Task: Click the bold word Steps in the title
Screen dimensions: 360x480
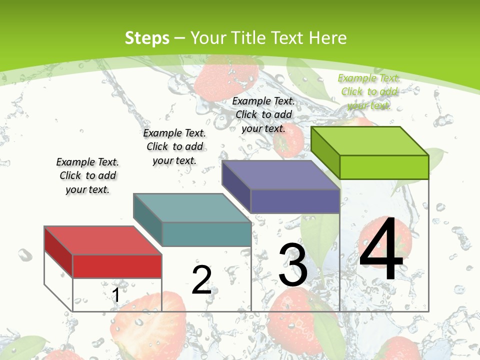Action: (x=147, y=38)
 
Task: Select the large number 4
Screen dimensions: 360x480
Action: (x=381, y=250)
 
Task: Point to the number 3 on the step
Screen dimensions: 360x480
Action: (x=293, y=265)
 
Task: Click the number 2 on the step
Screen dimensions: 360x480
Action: (x=201, y=280)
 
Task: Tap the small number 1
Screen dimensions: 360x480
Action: (x=115, y=295)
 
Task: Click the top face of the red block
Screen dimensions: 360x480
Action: (x=102, y=240)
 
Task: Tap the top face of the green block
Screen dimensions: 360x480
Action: (x=369, y=141)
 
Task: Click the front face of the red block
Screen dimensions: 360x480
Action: (x=117, y=266)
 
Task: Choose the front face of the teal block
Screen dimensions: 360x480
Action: (x=206, y=234)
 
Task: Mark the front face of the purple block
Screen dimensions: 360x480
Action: (x=295, y=201)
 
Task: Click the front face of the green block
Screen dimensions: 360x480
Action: (x=384, y=167)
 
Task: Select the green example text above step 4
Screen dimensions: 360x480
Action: (x=369, y=91)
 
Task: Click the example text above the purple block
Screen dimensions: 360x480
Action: (x=263, y=114)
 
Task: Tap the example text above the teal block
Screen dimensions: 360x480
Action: (x=174, y=146)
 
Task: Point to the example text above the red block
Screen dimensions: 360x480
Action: (x=87, y=175)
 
